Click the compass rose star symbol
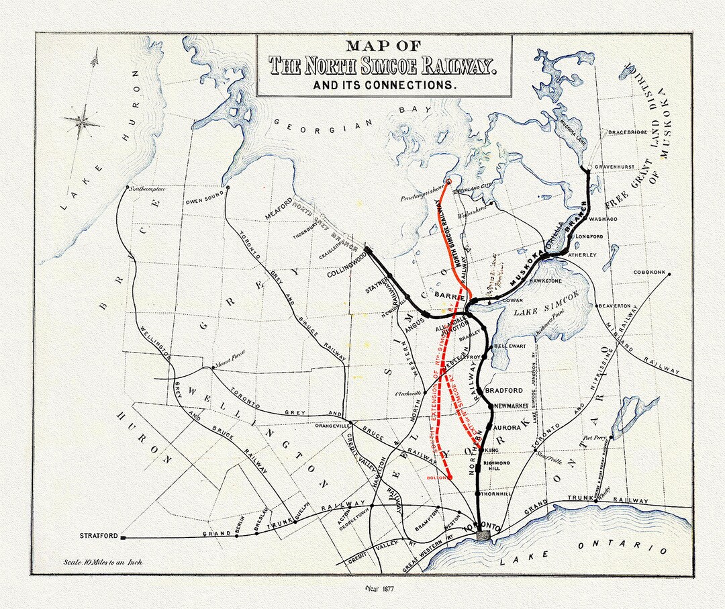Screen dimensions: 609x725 (83, 122)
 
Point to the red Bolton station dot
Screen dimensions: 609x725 (449, 477)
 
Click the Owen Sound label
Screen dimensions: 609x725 (203, 201)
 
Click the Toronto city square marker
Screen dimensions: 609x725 (483, 535)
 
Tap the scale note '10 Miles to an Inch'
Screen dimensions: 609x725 (102, 563)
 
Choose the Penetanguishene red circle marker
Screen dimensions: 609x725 (448, 181)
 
